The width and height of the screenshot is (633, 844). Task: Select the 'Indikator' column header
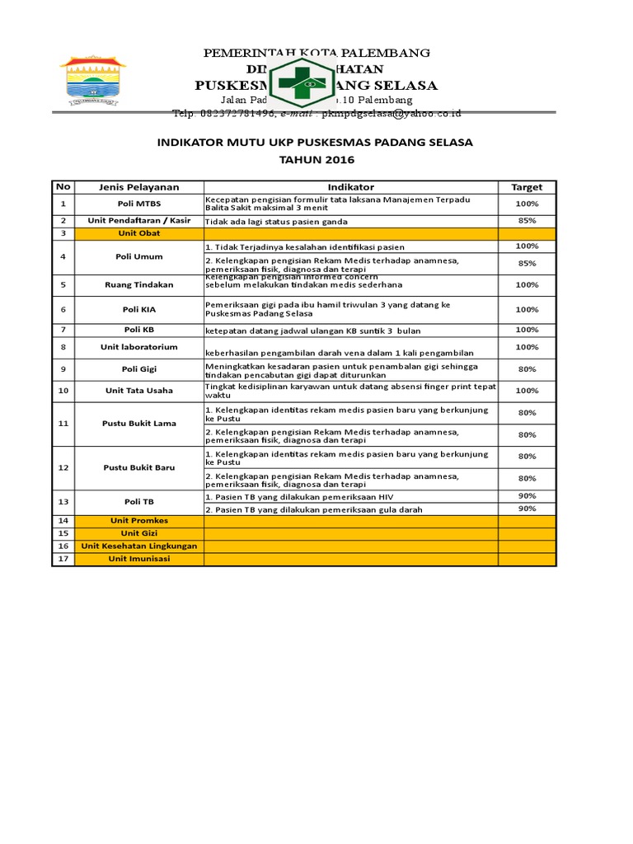(x=350, y=187)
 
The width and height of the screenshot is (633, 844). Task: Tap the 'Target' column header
(x=527, y=187)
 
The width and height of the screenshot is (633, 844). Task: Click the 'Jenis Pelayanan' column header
(x=139, y=187)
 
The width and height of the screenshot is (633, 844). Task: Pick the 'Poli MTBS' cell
(x=139, y=204)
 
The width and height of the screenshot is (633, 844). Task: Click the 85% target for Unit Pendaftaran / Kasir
(x=527, y=221)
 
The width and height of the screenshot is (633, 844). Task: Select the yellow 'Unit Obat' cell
(x=139, y=233)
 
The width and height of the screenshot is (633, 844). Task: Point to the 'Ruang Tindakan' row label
(x=139, y=284)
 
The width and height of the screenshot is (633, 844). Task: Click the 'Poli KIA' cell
(x=139, y=309)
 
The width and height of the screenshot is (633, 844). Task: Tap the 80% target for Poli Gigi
(x=527, y=369)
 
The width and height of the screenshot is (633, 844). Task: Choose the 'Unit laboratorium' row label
(x=139, y=347)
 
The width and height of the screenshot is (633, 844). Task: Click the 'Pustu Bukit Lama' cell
(x=139, y=424)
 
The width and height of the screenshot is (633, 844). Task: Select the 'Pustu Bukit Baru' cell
(x=139, y=467)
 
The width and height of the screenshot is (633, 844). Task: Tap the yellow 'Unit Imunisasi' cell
(x=139, y=559)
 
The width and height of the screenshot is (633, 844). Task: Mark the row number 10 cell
(x=63, y=391)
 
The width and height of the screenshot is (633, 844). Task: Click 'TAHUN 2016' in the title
(x=315, y=159)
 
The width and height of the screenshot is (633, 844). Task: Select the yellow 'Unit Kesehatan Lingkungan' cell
(x=139, y=546)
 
